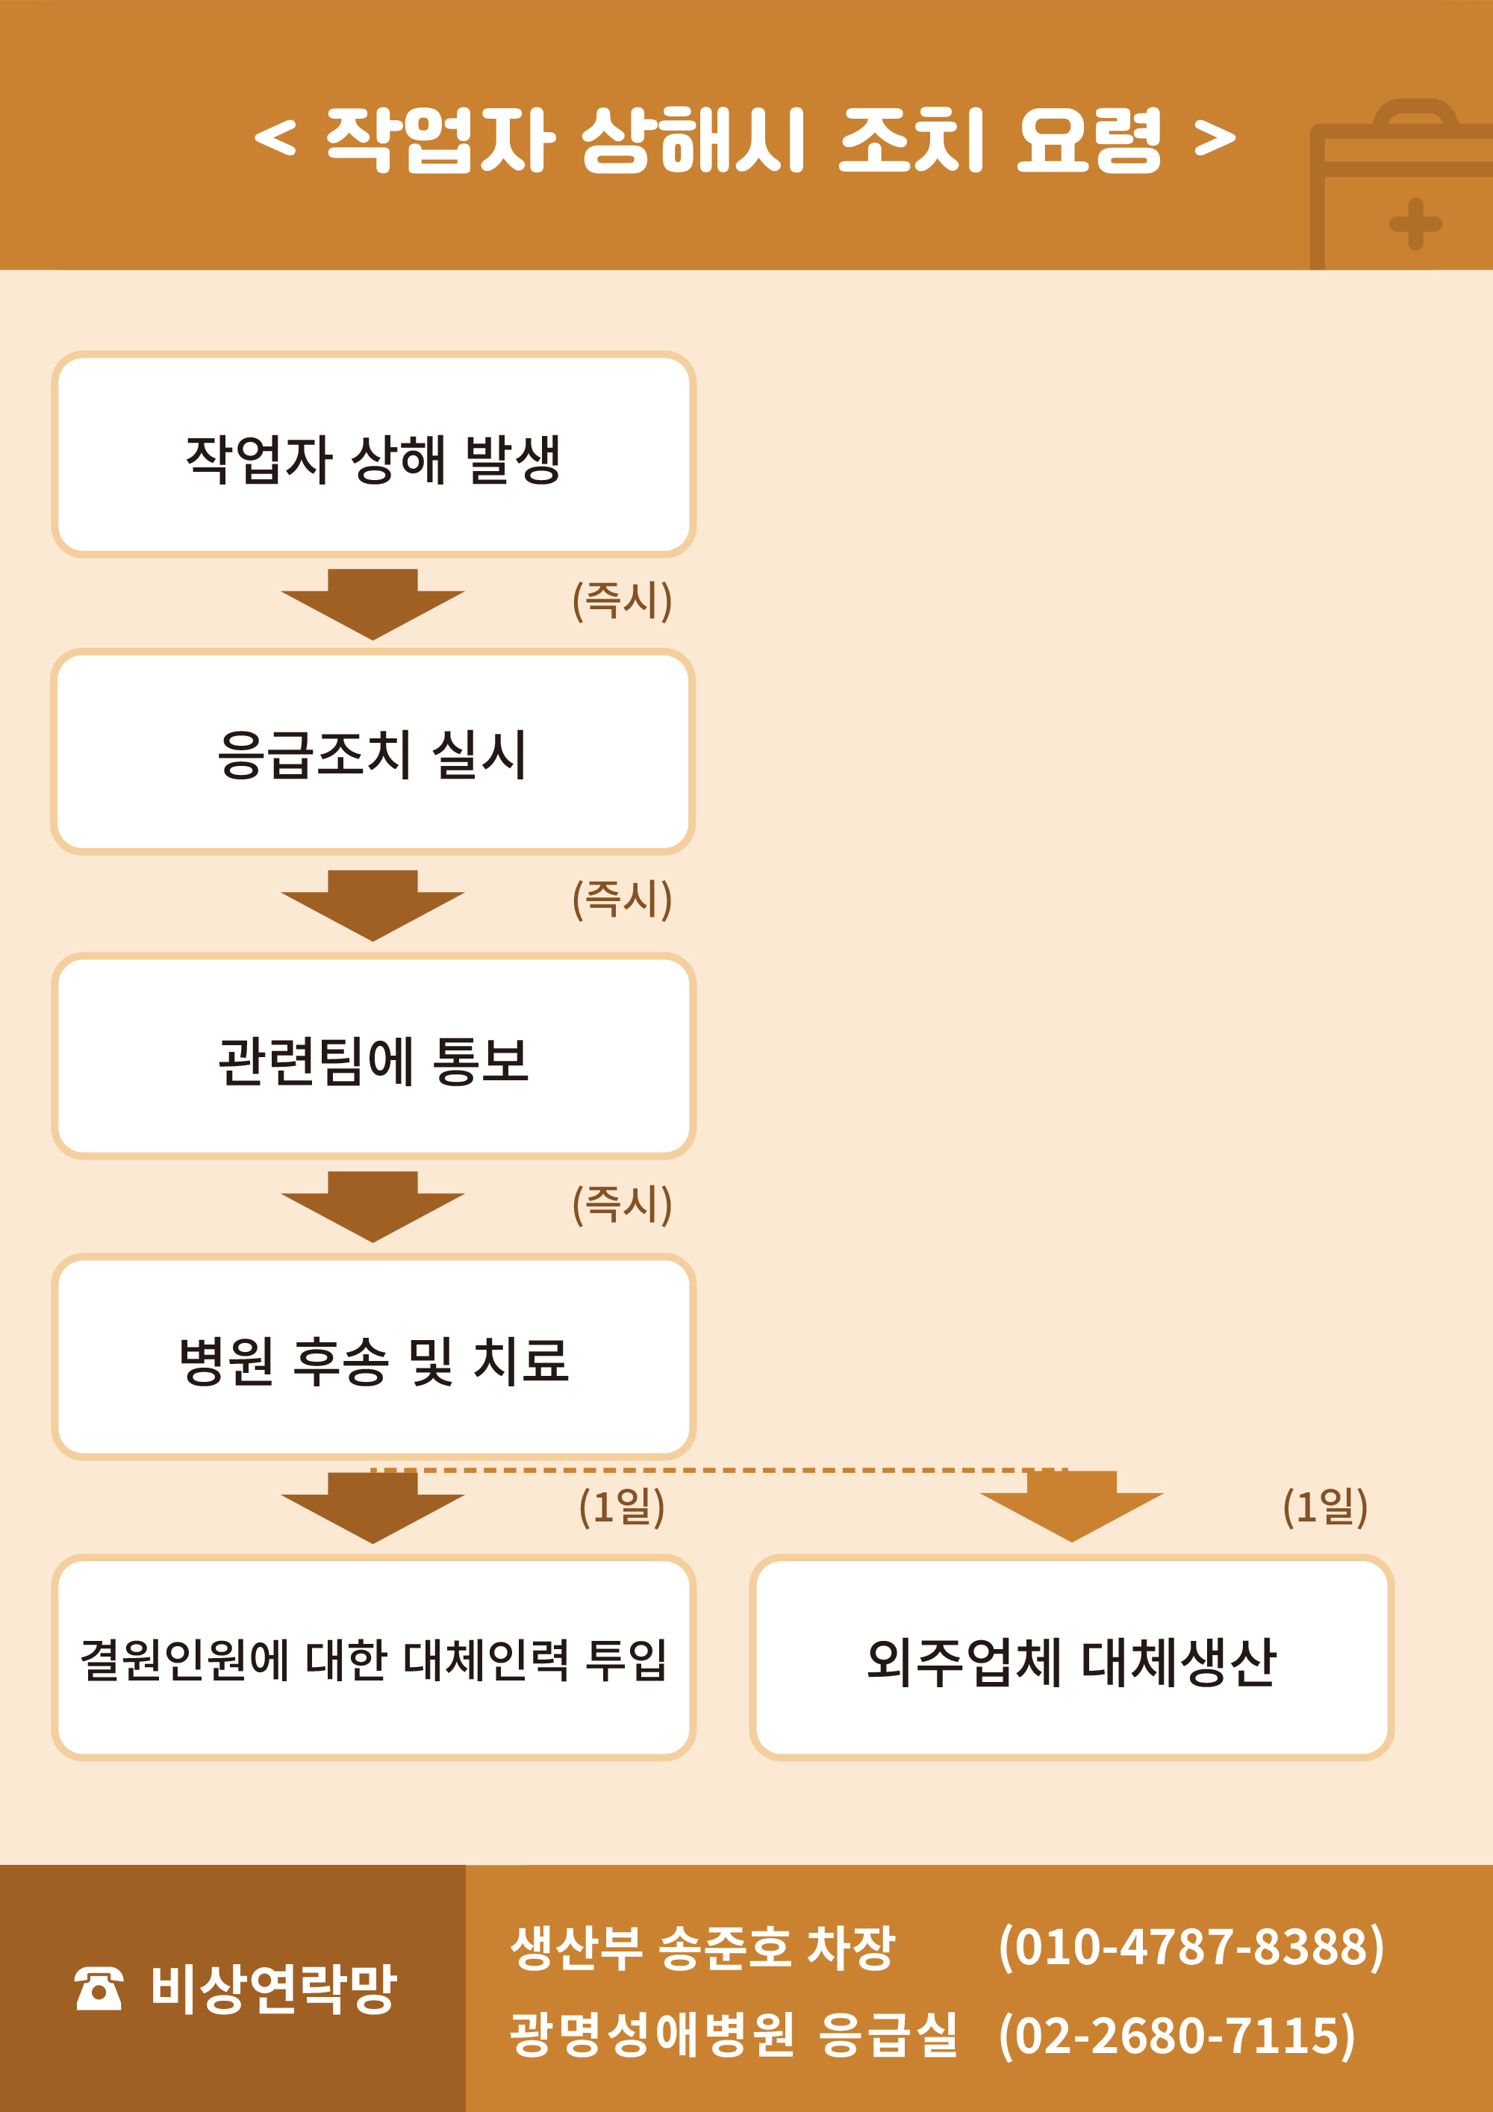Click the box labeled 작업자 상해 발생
[373, 455]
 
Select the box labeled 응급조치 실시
[373, 752]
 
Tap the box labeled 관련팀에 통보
[373, 1056]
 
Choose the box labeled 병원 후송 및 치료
[373, 1356]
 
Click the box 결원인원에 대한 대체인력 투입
[373, 1657]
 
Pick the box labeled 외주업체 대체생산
[1072, 1657]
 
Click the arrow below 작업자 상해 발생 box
[373, 603]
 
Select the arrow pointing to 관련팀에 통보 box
[373, 904]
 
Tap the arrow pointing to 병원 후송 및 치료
[373, 1206]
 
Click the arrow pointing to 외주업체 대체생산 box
[1072, 1506]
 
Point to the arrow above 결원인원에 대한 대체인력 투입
[373, 1507]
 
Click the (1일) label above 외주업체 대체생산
[1324, 1506]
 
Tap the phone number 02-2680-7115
[1176, 2035]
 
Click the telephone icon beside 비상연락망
[99, 1989]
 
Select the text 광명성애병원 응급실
[733, 2035]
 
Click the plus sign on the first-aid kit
[1415, 223]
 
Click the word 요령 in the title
[1089, 139]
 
